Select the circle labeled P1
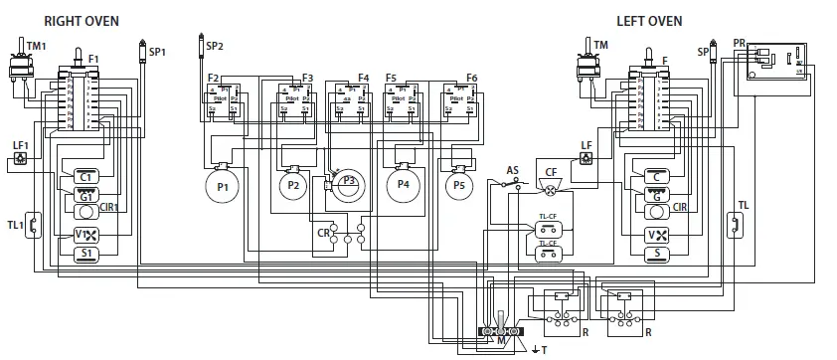(222, 186)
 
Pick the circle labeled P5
(458, 185)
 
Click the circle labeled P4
(403, 185)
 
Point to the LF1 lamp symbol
(20, 157)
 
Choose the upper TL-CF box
(547, 228)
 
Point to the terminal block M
(501, 331)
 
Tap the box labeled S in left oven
(658, 254)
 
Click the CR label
(323, 232)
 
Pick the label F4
(363, 78)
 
